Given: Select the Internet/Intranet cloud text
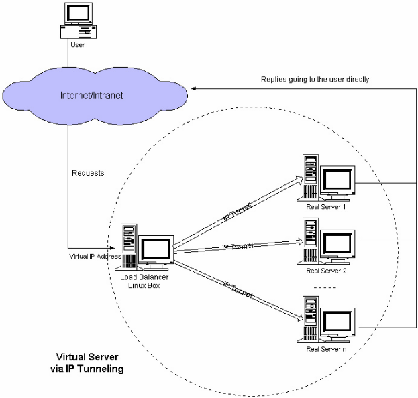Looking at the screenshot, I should (92, 96).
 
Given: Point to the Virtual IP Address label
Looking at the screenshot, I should (94, 255).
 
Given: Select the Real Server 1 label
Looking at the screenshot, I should (325, 206).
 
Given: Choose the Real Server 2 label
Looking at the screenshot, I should (325, 271).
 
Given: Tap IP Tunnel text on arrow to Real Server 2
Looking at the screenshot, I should (238, 247).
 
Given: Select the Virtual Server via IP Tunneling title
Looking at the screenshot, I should (90, 362).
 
